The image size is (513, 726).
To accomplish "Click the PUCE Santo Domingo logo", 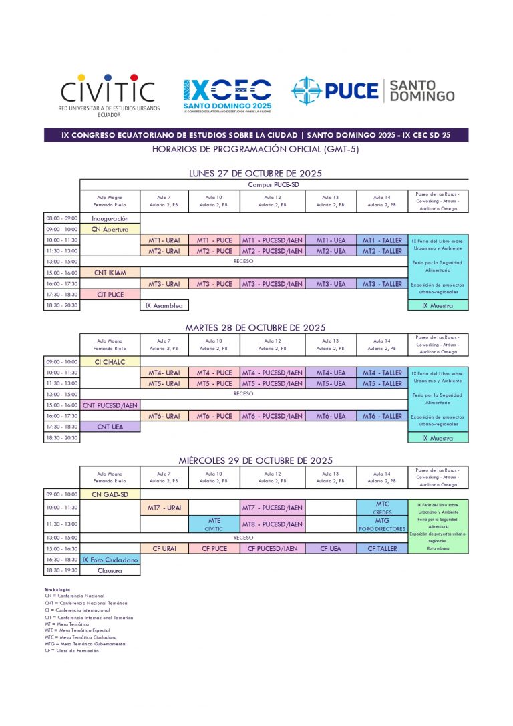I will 373,91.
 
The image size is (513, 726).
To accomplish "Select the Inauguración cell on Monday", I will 110,218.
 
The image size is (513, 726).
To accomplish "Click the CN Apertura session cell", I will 110,229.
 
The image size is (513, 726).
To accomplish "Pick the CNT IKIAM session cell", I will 110,273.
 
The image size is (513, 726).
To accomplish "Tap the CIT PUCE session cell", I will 110,294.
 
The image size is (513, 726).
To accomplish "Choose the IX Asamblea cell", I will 164,305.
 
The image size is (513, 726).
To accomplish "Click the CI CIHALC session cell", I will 110,362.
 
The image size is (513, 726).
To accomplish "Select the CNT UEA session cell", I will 110,426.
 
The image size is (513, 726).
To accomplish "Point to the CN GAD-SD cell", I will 110,494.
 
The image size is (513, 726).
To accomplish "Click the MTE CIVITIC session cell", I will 214,524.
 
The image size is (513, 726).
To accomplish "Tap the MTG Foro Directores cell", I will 382,524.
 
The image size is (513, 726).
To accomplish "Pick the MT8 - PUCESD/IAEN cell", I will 272,524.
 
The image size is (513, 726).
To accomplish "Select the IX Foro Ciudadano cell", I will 110,560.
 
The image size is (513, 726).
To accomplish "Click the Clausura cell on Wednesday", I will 110,570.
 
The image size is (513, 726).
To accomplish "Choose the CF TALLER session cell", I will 382,548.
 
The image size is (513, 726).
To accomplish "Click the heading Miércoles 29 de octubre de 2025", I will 255,461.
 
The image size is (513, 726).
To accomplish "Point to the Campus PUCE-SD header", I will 274,184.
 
